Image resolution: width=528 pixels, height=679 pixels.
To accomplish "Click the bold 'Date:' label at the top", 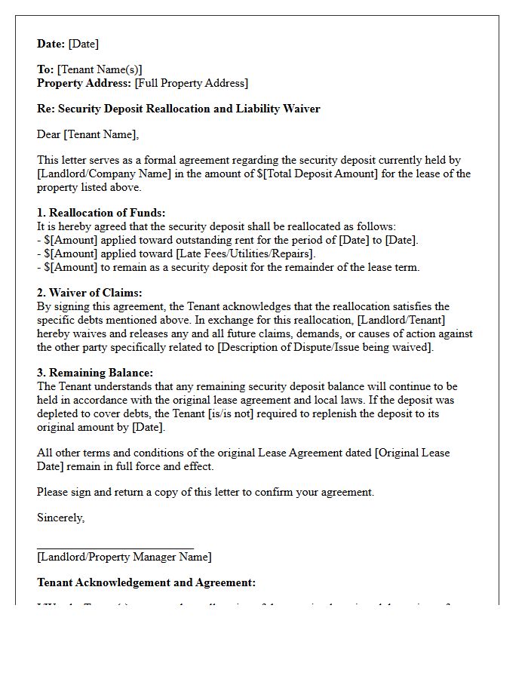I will pyautogui.click(x=51, y=44).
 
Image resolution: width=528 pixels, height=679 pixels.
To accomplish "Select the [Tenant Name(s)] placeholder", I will pyautogui.click(x=100, y=69).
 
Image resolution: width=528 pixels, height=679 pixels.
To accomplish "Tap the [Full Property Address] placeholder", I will pyautogui.click(x=191, y=83).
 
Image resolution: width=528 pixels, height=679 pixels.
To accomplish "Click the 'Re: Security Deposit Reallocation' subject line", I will pyautogui.click(x=178, y=109).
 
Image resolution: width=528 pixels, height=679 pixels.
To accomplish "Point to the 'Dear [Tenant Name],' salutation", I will pyautogui.click(x=88, y=134).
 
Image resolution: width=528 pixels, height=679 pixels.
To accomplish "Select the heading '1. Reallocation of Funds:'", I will pyautogui.click(x=101, y=213).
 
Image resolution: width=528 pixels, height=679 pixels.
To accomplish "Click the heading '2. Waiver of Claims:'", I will pyautogui.click(x=89, y=293).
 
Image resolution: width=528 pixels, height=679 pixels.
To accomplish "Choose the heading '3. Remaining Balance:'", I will pyautogui.click(x=94, y=373).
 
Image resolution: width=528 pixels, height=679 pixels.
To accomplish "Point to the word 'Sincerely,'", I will pyautogui.click(x=60, y=518).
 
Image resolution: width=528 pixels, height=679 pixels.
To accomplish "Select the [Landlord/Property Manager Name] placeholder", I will pyautogui.click(x=124, y=557).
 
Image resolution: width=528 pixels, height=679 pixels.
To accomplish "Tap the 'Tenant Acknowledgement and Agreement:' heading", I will pyautogui.click(x=146, y=582).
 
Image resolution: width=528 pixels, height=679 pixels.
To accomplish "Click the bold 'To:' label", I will pyautogui.click(x=45, y=69).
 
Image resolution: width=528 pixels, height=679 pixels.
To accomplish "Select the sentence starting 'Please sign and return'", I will pyautogui.click(x=205, y=492).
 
